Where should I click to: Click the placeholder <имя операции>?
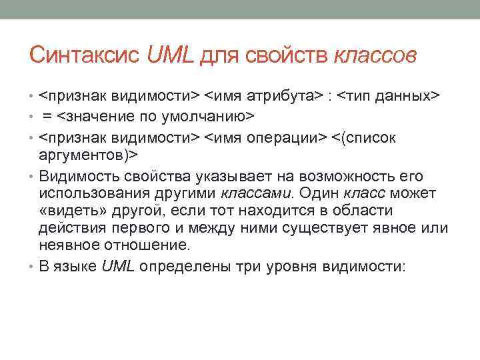coord(265,137)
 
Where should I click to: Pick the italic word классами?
coord(256,193)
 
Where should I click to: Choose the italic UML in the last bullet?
coord(119,267)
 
